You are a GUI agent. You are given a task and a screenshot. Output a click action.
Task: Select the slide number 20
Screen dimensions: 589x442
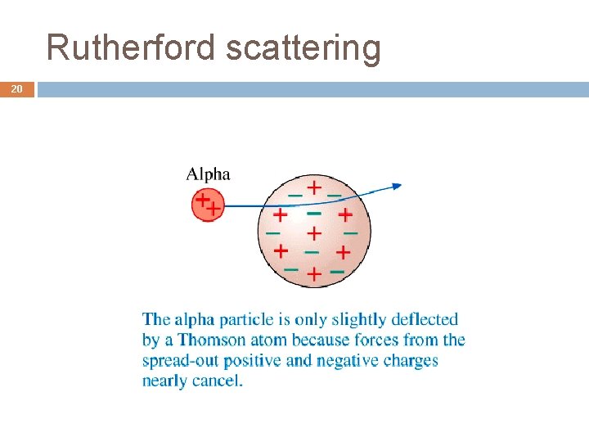16,88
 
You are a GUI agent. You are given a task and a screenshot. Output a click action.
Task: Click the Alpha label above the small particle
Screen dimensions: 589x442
208,174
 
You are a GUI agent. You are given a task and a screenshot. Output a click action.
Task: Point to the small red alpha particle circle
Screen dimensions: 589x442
208,205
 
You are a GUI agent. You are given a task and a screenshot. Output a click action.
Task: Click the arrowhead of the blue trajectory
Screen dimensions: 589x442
397,187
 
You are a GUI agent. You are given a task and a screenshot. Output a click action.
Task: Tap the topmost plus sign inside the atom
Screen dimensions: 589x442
313,187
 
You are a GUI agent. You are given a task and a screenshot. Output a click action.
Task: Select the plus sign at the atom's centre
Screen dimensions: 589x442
313,233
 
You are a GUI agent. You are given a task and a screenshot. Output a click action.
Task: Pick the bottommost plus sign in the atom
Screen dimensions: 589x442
313,274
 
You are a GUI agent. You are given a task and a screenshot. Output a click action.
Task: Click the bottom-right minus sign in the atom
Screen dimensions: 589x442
335,270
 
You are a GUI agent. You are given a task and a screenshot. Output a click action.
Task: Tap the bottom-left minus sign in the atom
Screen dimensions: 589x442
290,268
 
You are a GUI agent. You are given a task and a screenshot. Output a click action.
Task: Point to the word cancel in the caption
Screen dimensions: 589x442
217,381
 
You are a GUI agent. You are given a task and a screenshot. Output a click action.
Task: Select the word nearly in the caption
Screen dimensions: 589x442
164,381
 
